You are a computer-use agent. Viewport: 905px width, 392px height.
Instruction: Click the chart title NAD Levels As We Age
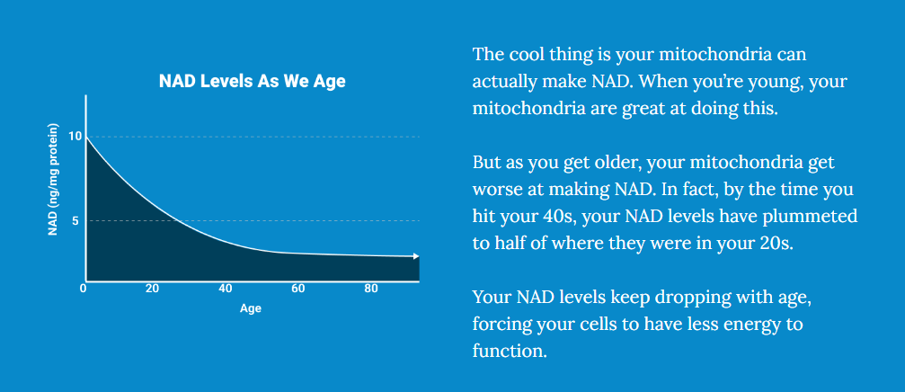coord(253,81)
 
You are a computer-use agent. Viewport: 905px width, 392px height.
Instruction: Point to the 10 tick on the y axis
coord(75,137)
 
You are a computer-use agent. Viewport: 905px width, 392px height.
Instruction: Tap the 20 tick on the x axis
coord(153,289)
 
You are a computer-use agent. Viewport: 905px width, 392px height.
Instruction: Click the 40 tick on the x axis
coord(225,289)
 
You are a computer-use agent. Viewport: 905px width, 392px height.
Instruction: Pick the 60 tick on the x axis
coord(297,289)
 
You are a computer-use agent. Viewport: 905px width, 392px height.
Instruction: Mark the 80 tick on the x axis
coord(372,289)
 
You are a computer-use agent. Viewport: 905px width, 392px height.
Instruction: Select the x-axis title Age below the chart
coord(251,309)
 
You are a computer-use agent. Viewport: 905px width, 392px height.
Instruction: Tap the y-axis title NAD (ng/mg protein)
coord(53,179)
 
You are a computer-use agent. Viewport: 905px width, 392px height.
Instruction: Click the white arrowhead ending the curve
coord(415,256)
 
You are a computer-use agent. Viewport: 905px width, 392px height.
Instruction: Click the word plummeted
coord(810,218)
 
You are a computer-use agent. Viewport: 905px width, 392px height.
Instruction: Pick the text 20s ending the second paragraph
coord(781,244)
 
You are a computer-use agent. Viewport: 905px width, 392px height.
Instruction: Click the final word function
coord(510,351)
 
